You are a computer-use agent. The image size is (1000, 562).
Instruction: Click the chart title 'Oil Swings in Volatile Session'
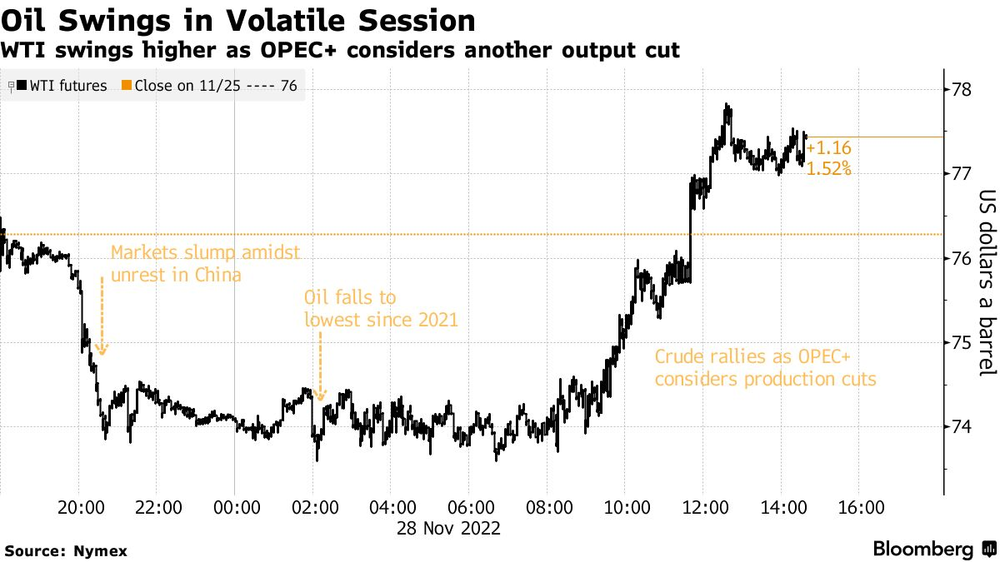point(238,19)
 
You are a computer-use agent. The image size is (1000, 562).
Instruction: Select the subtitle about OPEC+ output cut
point(340,51)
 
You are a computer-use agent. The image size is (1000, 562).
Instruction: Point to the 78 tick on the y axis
point(963,89)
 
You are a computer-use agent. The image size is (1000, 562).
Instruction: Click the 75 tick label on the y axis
point(963,342)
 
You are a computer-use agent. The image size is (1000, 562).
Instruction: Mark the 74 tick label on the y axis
point(963,427)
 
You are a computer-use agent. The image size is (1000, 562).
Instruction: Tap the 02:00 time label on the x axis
point(312,508)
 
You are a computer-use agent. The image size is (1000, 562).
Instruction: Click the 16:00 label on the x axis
point(859,508)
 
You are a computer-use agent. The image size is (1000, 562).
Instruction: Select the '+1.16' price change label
point(828,148)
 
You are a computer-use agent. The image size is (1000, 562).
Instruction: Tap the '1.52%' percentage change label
point(828,168)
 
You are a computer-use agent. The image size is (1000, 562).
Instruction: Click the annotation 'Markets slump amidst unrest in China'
point(205,263)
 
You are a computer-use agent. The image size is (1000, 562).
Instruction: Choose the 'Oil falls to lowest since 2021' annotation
point(381,308)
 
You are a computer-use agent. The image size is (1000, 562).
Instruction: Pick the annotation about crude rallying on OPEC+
point(766,368)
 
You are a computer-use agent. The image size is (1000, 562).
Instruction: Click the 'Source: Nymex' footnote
point(57,550)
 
